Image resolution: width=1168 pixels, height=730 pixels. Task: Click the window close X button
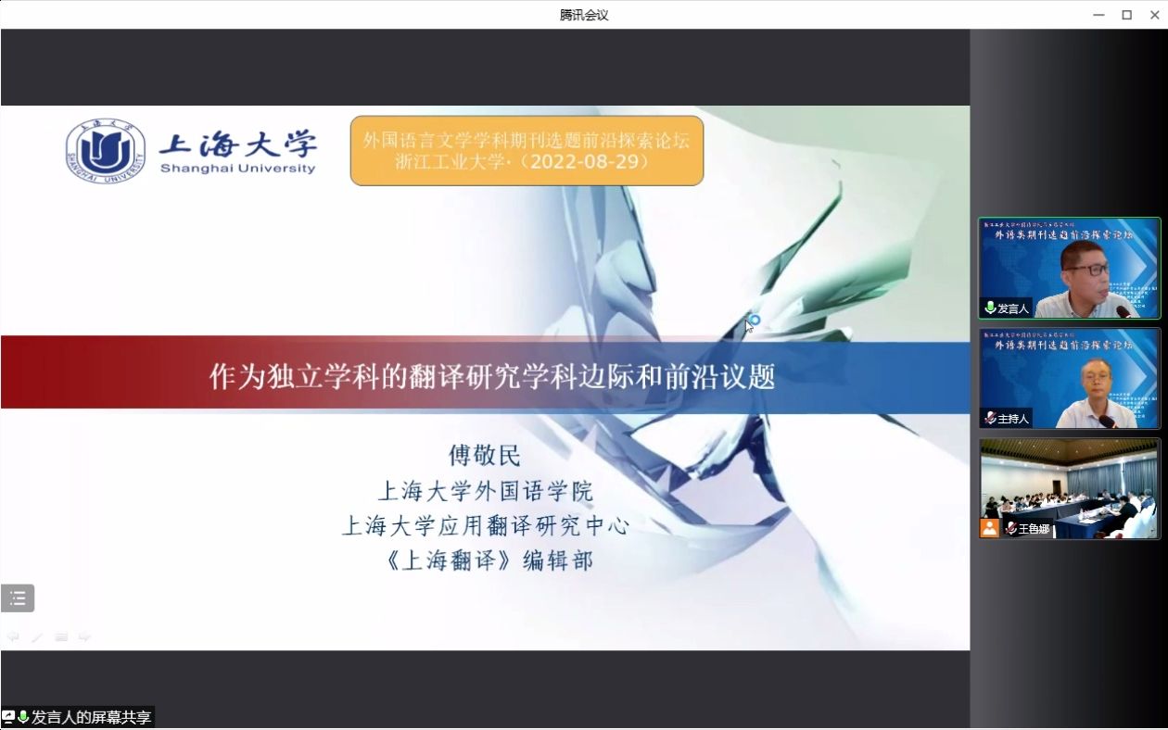pyautogui.click(x=1154, y=14)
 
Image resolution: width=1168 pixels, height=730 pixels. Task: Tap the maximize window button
pyautogui.click(x=1127, y=14)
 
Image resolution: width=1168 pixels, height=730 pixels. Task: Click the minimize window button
pyautogui.click(x=1099, y=14)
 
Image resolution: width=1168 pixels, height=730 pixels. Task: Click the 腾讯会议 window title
pyautogui.click(x=584, y=15)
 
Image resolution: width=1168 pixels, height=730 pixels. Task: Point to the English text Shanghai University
pyautogui.click(x=237, y=169)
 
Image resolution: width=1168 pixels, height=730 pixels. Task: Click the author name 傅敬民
pyautogui.click(x=485, y=455)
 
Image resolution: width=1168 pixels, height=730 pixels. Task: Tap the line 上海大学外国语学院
pyautogui.click(x=485, y=490)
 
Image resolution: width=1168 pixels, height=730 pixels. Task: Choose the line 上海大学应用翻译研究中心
pyautogui.click(x=485, y=525)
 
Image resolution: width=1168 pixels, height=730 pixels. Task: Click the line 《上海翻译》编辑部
pyautogui.click(x=485, y=560)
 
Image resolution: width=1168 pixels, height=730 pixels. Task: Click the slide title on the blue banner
pyautogui.click(x=491, y=377)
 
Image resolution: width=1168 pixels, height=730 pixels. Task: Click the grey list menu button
pyautogui.click(x=18, y=598)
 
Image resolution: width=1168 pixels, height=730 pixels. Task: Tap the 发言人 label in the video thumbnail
pyautogui.click(x=1012, y=308)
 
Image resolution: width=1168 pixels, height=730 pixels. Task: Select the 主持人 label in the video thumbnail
pyautogui.click(x=1012, y=419)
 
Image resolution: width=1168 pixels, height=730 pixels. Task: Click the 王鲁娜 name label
pyautogui.click(x=1034, y=529)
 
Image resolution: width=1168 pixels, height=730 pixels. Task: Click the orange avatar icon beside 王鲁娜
pyautogui.click(x=990, y=528)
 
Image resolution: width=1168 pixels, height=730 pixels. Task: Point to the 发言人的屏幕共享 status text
pyautogui.click(x=91, y=717)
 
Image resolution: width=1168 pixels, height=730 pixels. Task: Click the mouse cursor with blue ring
pyautogui.click(x=753, y=321)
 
